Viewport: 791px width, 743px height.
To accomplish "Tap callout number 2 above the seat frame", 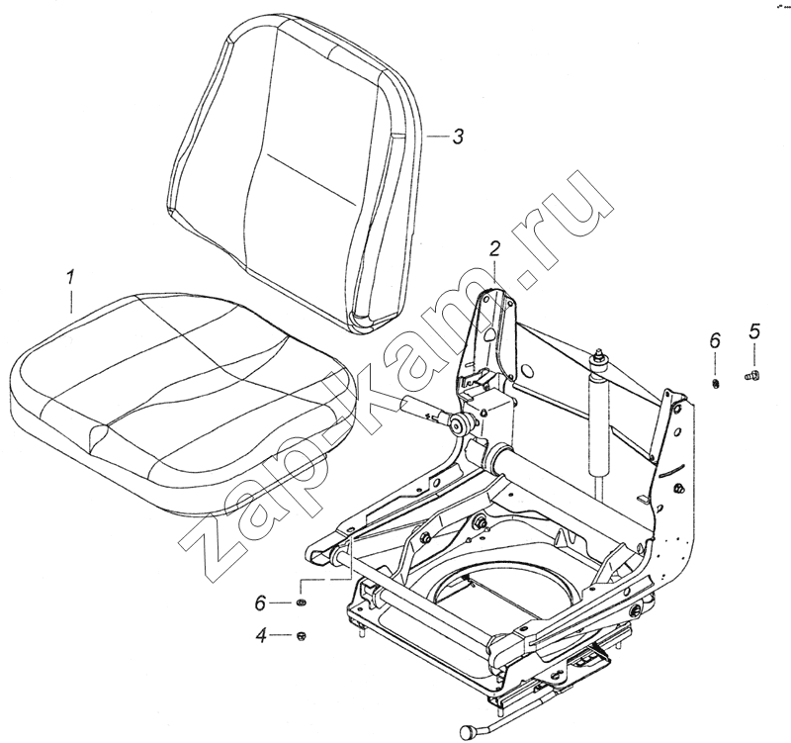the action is coord(494,249).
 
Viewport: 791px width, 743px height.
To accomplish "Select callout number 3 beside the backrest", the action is coord(457,137).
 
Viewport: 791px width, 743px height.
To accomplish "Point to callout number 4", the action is coord(261,636).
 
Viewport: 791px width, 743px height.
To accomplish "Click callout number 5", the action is coord(754,332).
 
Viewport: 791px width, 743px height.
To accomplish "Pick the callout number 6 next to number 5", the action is coord(715,340).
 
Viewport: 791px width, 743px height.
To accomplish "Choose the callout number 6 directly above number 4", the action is coord(260,604).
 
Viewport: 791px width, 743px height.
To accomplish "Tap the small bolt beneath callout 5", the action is coord(753,375).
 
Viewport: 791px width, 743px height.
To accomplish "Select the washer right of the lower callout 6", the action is coord(302,603).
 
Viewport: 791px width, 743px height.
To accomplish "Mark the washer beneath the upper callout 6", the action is coord(715,384).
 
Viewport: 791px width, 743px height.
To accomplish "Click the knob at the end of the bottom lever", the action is coord(467,730).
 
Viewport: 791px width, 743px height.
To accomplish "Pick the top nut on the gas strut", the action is coord(599,356).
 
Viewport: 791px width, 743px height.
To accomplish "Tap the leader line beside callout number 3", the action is coord(437,137).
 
